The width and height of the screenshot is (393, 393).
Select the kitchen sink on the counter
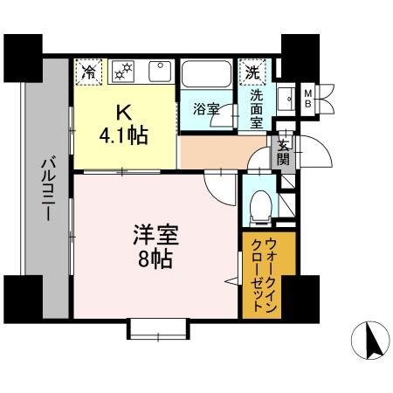coord(160,71)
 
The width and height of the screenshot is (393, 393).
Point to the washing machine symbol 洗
coord(252,70)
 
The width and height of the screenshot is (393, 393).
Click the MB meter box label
coord(308,96)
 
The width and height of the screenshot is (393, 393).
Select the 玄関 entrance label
coord(284,153)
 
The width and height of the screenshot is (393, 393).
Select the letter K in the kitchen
coord(124,111)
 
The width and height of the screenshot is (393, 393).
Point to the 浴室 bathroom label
coord(205,110)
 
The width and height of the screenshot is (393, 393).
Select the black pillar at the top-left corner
coord(22,55)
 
